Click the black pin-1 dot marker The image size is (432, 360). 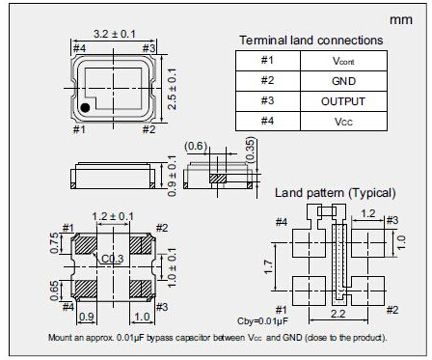pyautogui.click(x=85, y=108)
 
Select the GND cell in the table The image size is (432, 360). pyautogui.click(x=343, y=81)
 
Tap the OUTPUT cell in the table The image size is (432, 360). pyautogui.click(x=343, y=101)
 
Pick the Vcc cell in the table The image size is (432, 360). pyautogui.click(x=343, y=122)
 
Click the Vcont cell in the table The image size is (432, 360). pyautogui.click(x=343, y=61)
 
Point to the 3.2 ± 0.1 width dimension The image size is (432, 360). pyautogui.click(x=115, y=34)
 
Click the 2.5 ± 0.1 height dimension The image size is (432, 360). pyautogui.click(x=173, y=89)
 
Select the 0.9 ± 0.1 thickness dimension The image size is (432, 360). pyautogui.click(x=173, y=176)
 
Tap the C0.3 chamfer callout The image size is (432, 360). pyautogui.click(x=113, y=259)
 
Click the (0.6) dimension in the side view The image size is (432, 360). pyautogui.click(x=196, y=146)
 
